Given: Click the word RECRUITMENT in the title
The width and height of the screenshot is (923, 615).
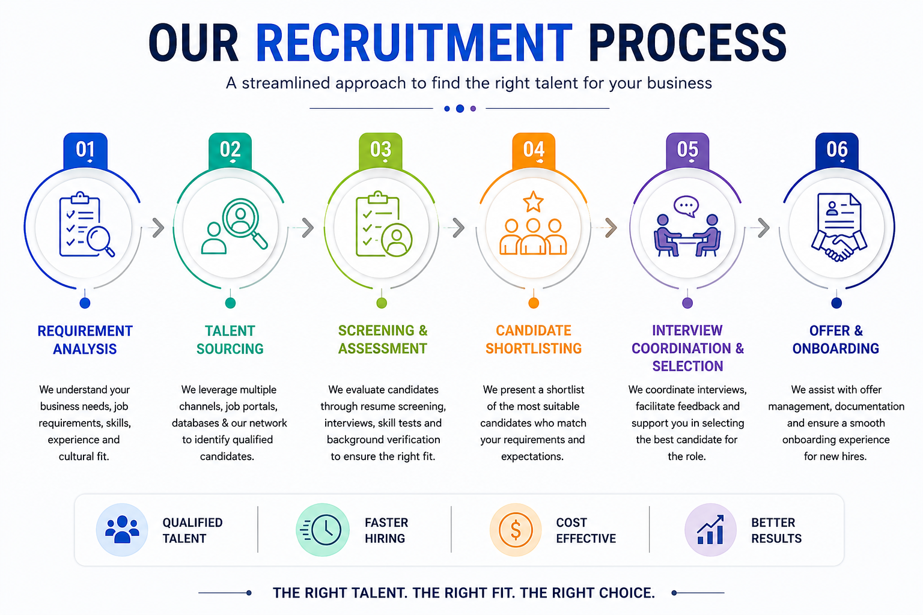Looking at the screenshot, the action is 414,43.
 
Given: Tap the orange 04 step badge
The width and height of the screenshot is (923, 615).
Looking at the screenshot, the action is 534,151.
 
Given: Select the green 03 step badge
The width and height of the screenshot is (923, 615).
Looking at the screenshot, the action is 380,151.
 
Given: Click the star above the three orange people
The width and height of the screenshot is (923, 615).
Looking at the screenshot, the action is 533,201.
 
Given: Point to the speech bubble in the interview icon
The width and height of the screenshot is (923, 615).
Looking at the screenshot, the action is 686,206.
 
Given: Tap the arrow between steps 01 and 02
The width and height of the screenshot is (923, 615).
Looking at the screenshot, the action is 158,228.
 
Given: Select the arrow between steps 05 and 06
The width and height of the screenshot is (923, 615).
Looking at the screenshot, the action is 764,228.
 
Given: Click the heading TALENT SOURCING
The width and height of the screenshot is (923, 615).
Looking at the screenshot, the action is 230,340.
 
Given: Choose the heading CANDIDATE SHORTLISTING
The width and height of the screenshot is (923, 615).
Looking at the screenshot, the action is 534,339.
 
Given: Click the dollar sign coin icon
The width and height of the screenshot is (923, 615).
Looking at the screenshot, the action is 516,530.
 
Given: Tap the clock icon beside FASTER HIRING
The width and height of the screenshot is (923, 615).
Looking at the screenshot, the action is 323,530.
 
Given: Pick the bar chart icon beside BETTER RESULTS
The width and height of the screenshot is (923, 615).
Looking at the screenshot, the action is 710,530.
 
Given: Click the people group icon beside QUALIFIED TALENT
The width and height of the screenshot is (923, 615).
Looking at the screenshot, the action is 122,530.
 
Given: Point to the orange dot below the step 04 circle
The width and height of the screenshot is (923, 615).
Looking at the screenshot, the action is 534,303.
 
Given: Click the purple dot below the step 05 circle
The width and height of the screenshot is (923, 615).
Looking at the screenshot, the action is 687,303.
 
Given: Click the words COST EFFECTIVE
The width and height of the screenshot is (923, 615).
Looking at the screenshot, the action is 586,530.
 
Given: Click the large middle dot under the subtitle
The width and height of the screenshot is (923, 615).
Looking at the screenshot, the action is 460,109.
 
